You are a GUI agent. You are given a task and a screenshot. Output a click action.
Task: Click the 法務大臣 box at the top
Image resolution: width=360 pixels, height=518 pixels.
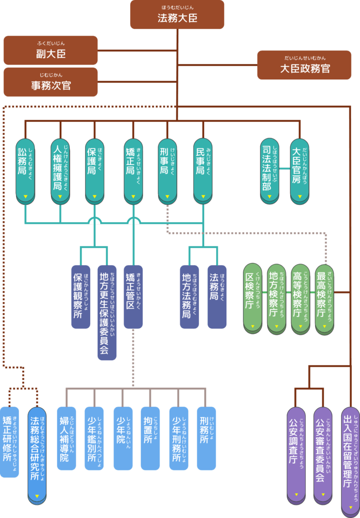pyautogui.click(x=177, y=15)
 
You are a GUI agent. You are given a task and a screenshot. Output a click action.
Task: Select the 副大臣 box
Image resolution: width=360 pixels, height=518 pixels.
pyautogui.click(x=51, y=50)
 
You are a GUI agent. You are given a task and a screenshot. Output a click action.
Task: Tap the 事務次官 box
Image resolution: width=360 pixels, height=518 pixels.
pyautogui.click(x=51, y=82)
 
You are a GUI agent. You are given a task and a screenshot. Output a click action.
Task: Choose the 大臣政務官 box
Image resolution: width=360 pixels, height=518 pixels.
pyautogui.click(x=304, y=65)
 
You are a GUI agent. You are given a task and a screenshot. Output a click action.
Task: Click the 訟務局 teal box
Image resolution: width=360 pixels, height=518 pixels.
pyautogui.click(x=25, y=170)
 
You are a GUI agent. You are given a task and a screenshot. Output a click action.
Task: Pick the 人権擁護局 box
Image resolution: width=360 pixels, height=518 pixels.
pyautogui.click(x=60, y=170)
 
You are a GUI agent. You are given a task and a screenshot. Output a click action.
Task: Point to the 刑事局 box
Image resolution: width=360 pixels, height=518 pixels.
pyautogui.click(x=167, y=170)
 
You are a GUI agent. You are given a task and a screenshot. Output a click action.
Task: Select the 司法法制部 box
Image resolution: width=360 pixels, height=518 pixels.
pyautogui.click(x=270, y=170)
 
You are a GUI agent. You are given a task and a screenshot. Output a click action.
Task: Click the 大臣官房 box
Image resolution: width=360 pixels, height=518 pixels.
pyautogui.click(x=299, y=170)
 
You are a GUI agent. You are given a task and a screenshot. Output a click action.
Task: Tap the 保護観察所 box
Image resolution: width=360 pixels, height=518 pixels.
pyautogui.click(x=81, y=296)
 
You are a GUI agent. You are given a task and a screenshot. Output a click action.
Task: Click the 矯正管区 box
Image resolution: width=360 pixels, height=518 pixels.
pyautogui.click(x=133, y=296)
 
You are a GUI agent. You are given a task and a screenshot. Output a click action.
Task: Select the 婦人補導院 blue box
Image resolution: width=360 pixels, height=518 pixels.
pyautogui.click(x=66, y=438)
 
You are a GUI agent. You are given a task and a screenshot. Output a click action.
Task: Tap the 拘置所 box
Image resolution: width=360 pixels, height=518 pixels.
pyautogui.click(x=150, y=438)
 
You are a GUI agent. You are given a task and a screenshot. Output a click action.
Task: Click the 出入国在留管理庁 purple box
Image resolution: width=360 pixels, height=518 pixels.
pyautogui.click(x=350, y=458)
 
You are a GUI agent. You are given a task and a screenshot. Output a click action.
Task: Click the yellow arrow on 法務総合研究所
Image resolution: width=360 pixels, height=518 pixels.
pyautogui.click(x=37, y=495)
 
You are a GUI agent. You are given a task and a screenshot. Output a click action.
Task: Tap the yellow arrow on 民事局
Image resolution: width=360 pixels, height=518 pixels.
pyautogui.click(x=203, y=197)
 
